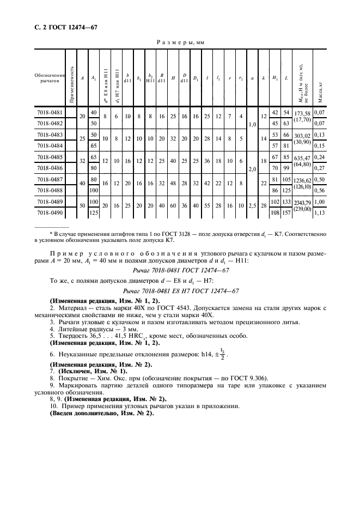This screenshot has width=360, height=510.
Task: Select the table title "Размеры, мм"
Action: [x=180, y=41]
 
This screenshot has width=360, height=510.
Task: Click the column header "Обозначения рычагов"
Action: [x=50, y=78]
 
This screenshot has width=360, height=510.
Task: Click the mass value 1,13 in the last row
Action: [x=320, y=214]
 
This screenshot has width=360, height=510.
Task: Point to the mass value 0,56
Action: [x=320, y=191]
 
